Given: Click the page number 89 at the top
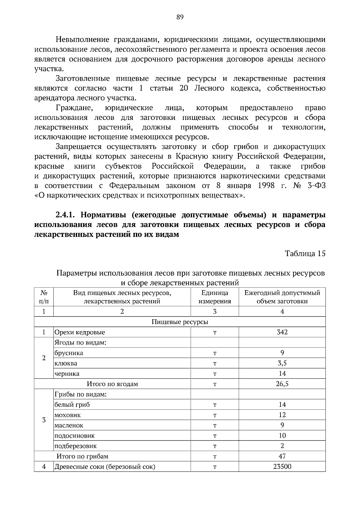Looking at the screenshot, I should coord(180,17).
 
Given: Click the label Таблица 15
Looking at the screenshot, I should coord(305,254).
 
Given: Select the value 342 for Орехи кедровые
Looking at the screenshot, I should coord(282,332).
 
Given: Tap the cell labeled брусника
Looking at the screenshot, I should coord(69,353).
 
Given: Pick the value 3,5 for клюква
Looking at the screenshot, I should coord(282,363).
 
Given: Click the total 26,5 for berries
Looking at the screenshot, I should coord(282,384).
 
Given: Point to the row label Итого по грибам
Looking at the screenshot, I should coord(82,457).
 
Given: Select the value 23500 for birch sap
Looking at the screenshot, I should coord(282,467).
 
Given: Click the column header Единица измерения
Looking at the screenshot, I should coord(214,297).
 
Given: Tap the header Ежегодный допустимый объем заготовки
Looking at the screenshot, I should coord(282,297).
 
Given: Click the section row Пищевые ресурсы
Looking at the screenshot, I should coord(180,322).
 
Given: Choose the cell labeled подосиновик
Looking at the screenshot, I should coord(74,436).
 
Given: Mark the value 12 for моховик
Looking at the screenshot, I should coord(282,415).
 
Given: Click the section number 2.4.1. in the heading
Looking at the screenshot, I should coord(67,215).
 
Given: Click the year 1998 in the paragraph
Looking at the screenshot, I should coord(266,186).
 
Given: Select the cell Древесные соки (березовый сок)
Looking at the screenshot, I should coord(105,467).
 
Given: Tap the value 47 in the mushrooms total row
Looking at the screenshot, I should coord(282,457).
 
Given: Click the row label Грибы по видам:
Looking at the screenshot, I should coord(80,394).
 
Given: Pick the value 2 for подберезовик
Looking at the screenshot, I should coord(282,446).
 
